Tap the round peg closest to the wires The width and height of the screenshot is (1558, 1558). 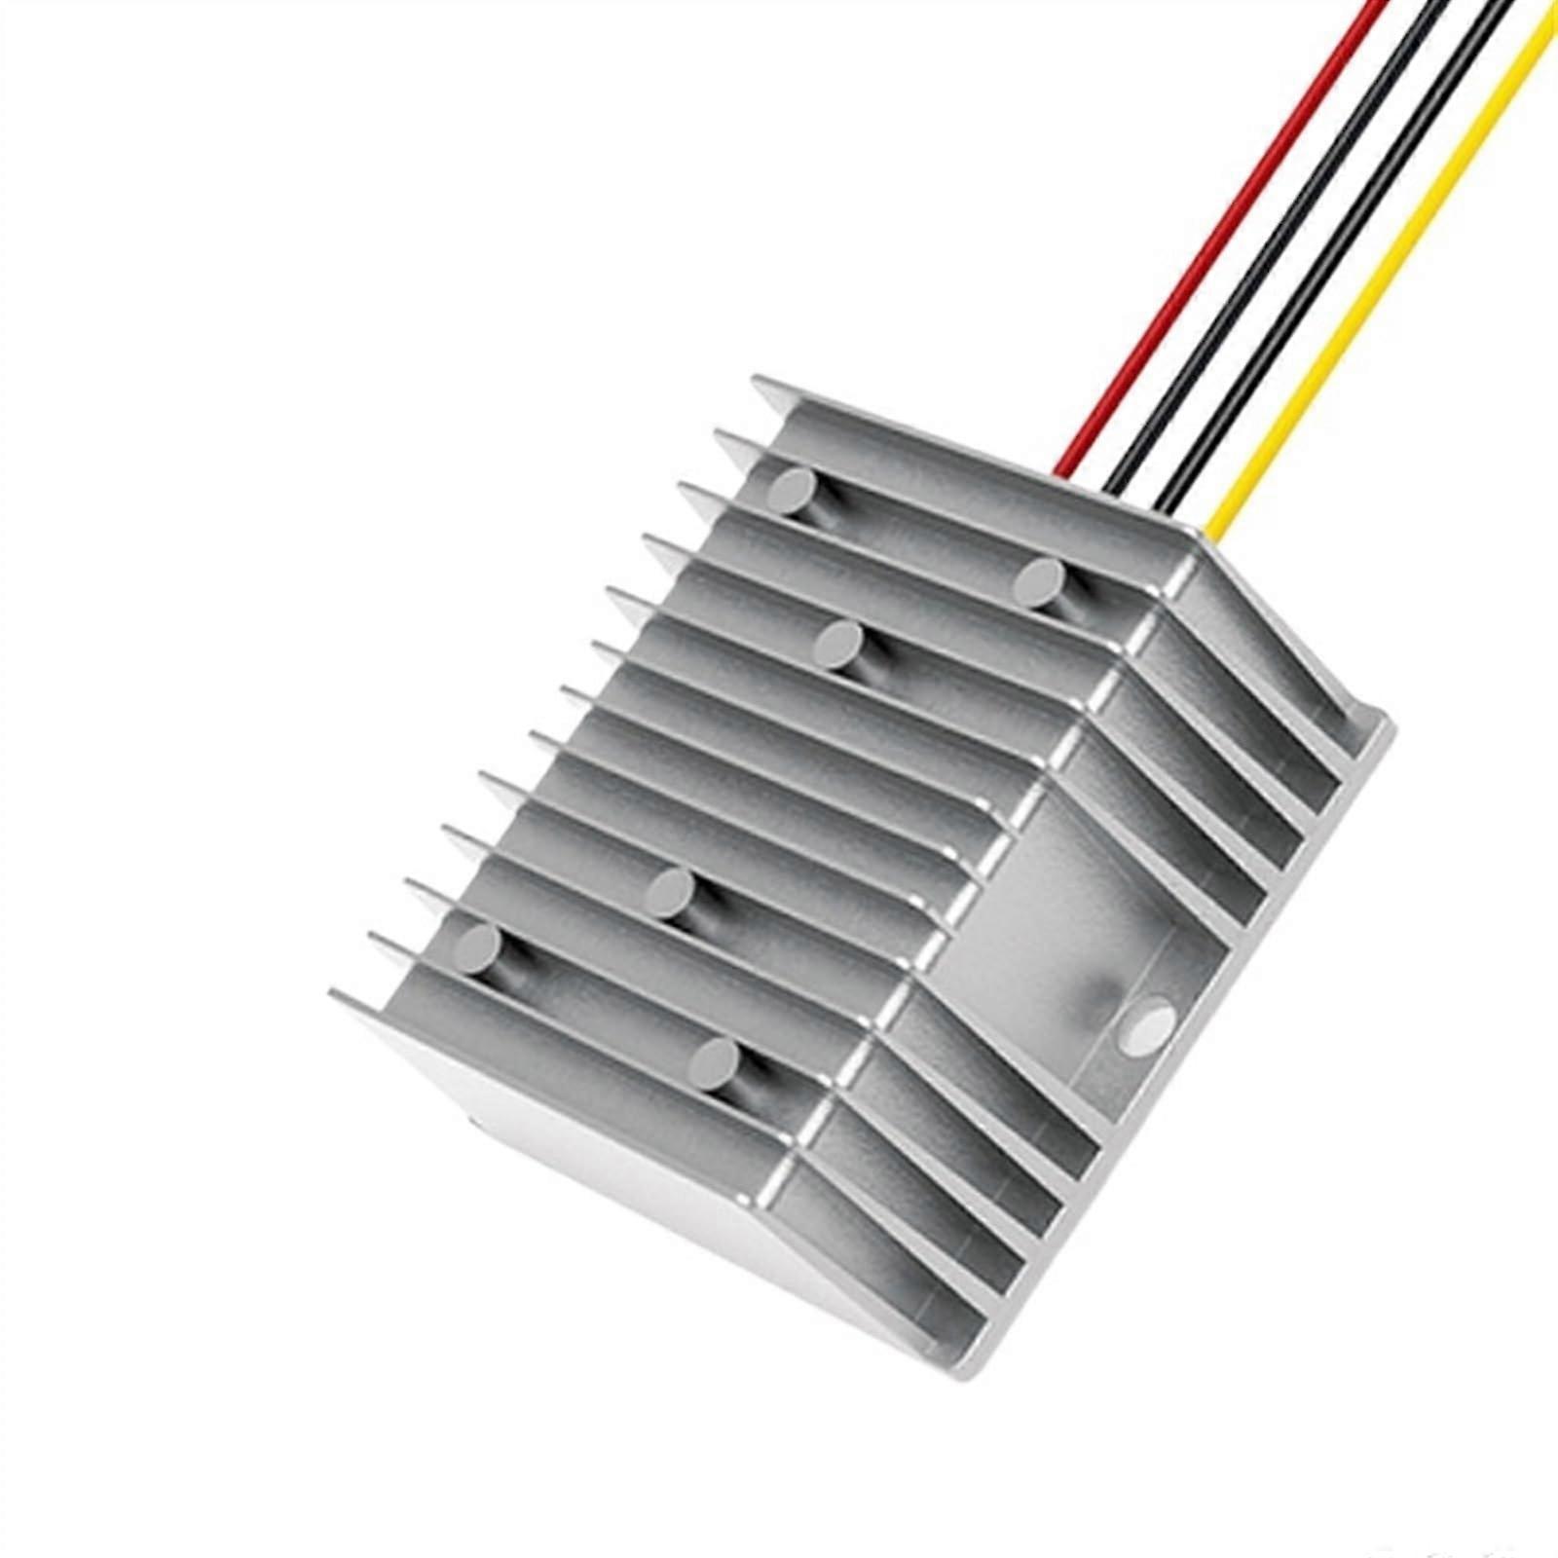coord(1040,580)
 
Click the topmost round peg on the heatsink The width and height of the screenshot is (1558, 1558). coord(790,491)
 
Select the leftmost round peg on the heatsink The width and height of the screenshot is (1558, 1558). coord(478,946)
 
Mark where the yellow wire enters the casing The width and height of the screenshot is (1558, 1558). coord(1211,531)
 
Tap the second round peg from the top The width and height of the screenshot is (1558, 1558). coord(1040,580)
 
